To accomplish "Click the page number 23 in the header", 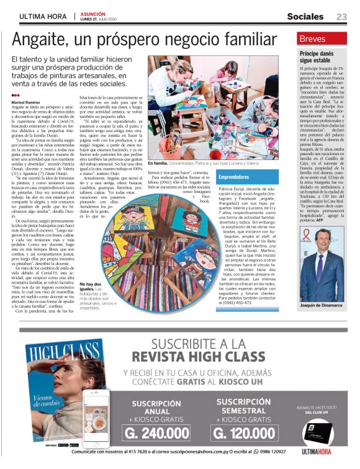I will point(341,16).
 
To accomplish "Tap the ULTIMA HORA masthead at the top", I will point(43,16).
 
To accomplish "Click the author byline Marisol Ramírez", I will point(26,100).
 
